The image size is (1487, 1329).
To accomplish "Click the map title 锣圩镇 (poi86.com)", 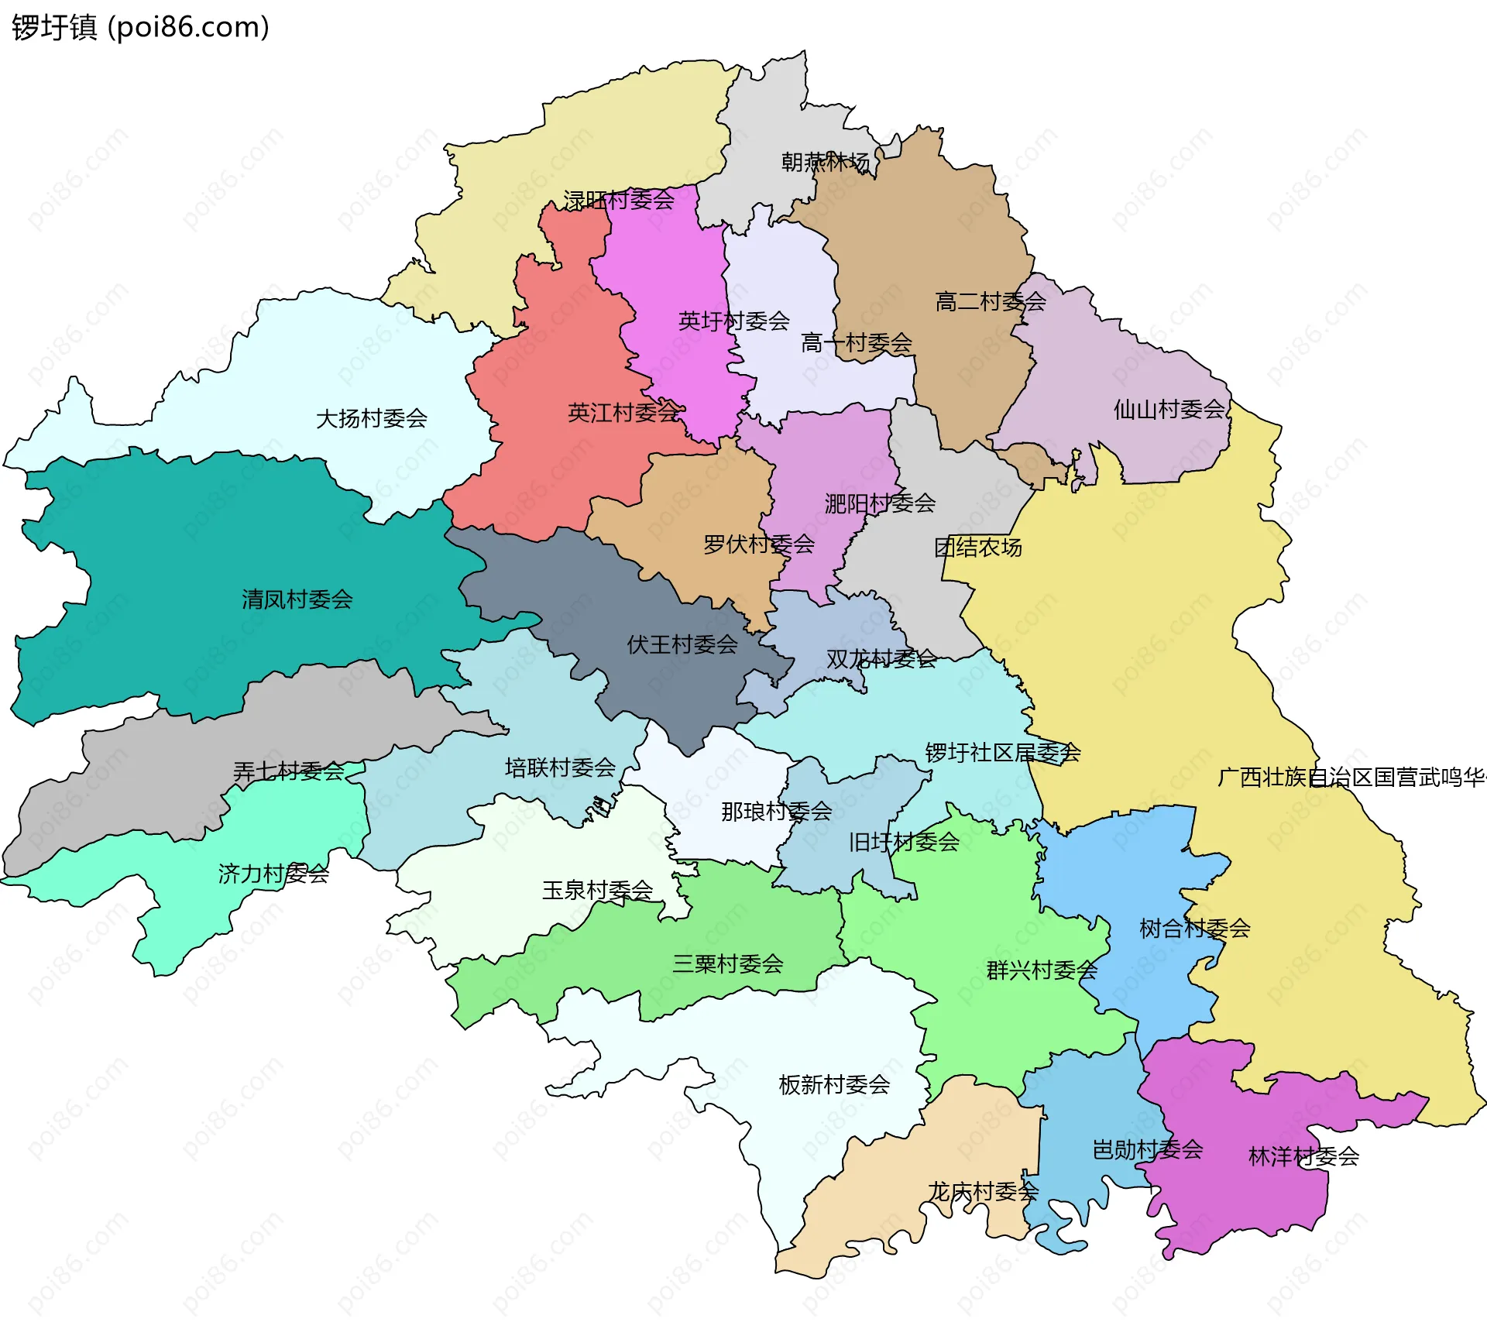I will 140,27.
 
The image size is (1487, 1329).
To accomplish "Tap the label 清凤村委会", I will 297,599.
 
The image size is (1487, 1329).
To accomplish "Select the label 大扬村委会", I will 372,418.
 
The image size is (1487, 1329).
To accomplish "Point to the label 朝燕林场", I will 825,162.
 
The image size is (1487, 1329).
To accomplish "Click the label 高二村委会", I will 991,301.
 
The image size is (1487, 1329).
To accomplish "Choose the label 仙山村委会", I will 1169,409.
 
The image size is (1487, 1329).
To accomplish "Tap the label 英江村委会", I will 623,413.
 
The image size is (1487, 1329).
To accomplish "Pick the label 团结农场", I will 978,548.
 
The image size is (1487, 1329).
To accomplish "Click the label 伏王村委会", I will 682,644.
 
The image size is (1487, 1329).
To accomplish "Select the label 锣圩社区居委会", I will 1003,752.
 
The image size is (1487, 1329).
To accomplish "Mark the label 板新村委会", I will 834,1084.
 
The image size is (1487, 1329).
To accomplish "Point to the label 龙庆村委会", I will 983,1191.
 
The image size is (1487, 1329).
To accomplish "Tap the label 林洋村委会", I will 1304,1157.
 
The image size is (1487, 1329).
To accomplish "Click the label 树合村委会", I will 1195,928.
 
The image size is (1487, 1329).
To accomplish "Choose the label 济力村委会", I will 273,874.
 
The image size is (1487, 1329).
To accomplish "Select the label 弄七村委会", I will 289,771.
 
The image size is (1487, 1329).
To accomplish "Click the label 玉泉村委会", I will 597,890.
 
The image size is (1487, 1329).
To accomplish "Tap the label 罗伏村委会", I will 759,544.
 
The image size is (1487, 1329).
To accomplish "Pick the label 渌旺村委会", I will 619,200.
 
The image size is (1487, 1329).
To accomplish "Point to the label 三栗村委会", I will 728,964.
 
